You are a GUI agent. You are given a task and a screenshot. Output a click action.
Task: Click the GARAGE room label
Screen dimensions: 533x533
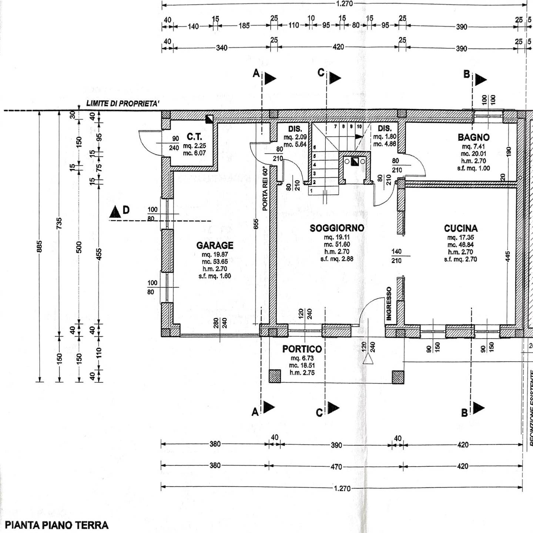[215, 245]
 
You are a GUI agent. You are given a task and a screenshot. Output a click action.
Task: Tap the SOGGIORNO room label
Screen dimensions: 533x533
[337, 228]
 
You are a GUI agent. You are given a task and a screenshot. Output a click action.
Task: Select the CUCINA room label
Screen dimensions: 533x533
[461, 228]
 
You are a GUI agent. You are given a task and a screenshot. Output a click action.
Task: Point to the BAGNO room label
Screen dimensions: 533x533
[473, 137]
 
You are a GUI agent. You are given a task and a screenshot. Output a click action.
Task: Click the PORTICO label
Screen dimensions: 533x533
[302, 349]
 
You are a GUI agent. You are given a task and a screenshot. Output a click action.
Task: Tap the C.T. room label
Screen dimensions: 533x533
[194, 137]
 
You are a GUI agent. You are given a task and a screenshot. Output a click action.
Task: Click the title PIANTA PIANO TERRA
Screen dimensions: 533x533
[57, 525]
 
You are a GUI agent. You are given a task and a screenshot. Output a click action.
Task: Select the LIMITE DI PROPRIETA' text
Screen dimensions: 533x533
[123, 104]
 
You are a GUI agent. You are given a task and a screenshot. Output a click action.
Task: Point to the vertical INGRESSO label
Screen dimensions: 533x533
[389, 304]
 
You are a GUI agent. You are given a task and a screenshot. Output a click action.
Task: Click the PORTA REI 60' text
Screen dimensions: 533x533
[265, 189]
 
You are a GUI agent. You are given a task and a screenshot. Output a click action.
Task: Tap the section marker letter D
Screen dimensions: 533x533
[126, 210]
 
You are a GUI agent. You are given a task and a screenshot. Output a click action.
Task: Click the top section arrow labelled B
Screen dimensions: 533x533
[480, 79]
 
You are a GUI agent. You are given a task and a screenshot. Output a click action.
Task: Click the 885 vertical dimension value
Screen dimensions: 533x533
[40, 247]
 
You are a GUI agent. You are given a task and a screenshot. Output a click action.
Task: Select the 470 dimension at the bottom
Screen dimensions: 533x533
[336, 467]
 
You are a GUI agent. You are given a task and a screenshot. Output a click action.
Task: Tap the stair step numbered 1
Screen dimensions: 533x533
[311, 191]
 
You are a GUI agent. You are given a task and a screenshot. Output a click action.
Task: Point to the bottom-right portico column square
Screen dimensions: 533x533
[398, 377]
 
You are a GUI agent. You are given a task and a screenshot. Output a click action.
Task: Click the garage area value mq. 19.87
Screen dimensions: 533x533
[215, 255]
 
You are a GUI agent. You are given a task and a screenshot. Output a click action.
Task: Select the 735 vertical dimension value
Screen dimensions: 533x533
[59, 223]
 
